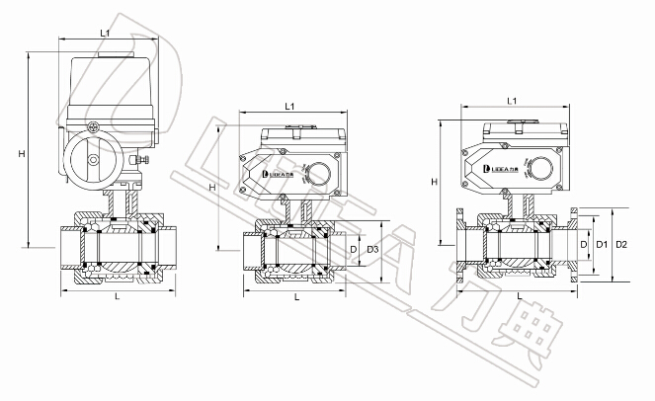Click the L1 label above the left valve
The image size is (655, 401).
click(106, 34)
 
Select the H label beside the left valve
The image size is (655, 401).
click(21, 153)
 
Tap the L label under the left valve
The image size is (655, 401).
click(117, 296)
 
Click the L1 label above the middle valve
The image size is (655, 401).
click(291, 106)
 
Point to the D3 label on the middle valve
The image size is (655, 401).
click(372, 250)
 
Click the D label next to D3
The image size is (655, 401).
click(354, 250)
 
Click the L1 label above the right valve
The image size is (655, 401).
click(513, 101)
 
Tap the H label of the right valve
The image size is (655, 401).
click(435, 182)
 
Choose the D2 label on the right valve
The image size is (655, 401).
click(621, 243)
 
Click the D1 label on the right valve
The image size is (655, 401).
click(600, 243)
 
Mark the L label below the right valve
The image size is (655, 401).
click(519, 296)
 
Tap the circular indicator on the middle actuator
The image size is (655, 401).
click(318, 174)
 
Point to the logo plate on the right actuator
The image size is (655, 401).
click(498, 169)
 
